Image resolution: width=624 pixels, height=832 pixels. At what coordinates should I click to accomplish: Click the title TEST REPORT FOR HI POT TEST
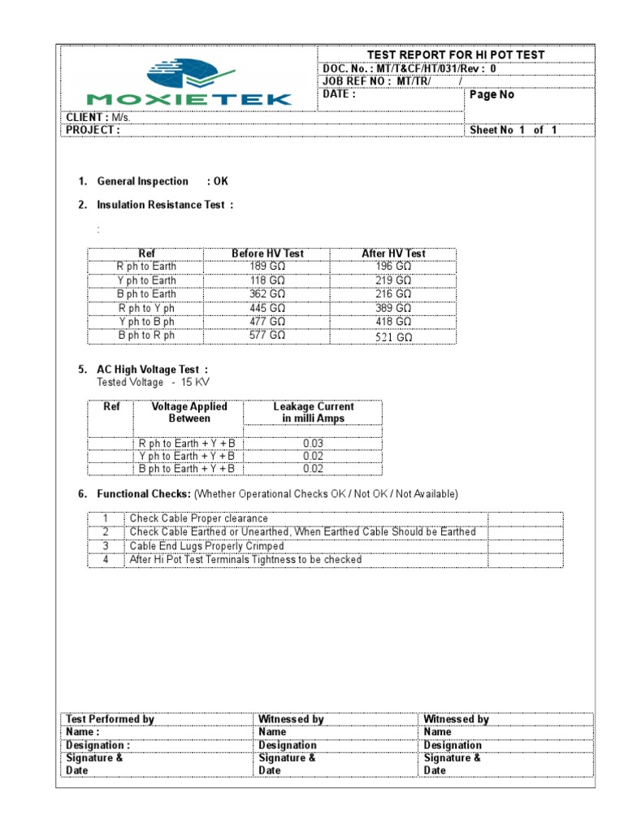[455, 54]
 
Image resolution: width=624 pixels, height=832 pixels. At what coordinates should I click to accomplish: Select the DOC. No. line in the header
[409, 68]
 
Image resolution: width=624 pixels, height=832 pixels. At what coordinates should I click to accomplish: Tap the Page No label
[492, 94]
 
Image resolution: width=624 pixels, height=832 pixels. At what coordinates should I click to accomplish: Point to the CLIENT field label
[87, 117]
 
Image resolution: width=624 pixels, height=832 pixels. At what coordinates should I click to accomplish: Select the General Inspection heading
[142, 181]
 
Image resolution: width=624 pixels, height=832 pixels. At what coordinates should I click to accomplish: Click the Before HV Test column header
[267, 253]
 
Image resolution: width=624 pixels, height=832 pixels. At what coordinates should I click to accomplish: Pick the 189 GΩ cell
[267, 266]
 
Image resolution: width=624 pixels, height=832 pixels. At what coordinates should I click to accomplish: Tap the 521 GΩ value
[393, 336]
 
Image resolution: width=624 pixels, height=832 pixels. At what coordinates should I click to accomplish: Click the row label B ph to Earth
[146, 294]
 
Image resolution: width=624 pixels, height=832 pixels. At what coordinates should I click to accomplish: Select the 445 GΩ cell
[267, 308]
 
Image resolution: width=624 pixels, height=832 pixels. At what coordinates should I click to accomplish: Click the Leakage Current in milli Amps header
[313, 412]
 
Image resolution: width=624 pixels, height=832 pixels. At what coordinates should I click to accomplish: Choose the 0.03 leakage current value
[313, 443]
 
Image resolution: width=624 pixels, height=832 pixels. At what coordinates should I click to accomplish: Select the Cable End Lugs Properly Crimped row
[206, 546]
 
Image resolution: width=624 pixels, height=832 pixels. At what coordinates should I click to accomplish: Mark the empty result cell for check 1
[524, 518]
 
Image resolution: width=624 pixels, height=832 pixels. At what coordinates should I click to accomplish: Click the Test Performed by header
[110, 719]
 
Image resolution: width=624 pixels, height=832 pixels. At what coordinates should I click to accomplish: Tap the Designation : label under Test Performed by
[97, 745]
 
